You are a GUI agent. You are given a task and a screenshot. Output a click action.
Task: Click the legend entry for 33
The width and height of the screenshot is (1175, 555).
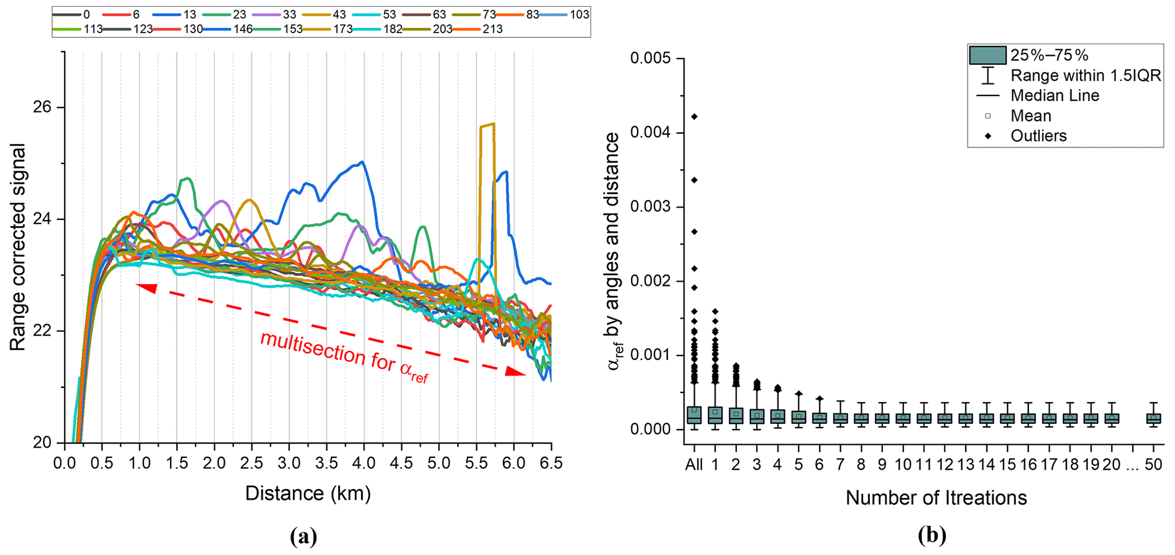(x=279, y=14)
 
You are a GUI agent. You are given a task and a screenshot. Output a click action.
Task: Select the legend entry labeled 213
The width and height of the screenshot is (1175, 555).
(x=483, y=29)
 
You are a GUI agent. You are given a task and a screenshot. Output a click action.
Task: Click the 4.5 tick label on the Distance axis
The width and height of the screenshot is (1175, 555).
(x=402, y=464)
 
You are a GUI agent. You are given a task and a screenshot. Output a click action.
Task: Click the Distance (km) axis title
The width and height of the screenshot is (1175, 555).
(x=308, y=493)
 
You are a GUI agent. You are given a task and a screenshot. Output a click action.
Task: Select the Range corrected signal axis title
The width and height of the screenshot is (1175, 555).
(x=18, y=247)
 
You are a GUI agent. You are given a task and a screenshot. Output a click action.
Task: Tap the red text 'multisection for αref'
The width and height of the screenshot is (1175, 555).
(x=344, y=357)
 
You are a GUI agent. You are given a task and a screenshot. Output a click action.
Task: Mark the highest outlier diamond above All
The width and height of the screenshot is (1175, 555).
(x=694, y=117)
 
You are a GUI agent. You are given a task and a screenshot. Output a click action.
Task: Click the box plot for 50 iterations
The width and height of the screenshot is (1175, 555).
(x=1153, y=418)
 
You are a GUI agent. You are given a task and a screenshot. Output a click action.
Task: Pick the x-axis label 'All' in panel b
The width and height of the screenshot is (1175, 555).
(x=694, y=465)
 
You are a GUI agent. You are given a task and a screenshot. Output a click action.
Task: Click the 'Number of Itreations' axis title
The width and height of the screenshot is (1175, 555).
(x=936, y=498)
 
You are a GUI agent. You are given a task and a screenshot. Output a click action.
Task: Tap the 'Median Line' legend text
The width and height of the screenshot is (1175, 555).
(x=1054, y=95)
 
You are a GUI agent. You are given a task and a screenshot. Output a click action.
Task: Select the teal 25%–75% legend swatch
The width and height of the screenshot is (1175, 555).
(x=987, y=55)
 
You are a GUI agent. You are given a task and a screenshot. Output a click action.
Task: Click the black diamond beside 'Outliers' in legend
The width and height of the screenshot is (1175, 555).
(x=988, y=136)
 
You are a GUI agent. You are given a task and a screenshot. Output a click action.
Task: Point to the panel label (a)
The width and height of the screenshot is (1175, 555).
(x=303, y=536)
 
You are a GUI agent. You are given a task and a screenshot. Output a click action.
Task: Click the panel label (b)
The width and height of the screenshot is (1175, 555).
(x=932, y=535)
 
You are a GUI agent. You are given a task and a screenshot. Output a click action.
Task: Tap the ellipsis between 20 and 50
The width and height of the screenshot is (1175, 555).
(x=1132, y=465)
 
